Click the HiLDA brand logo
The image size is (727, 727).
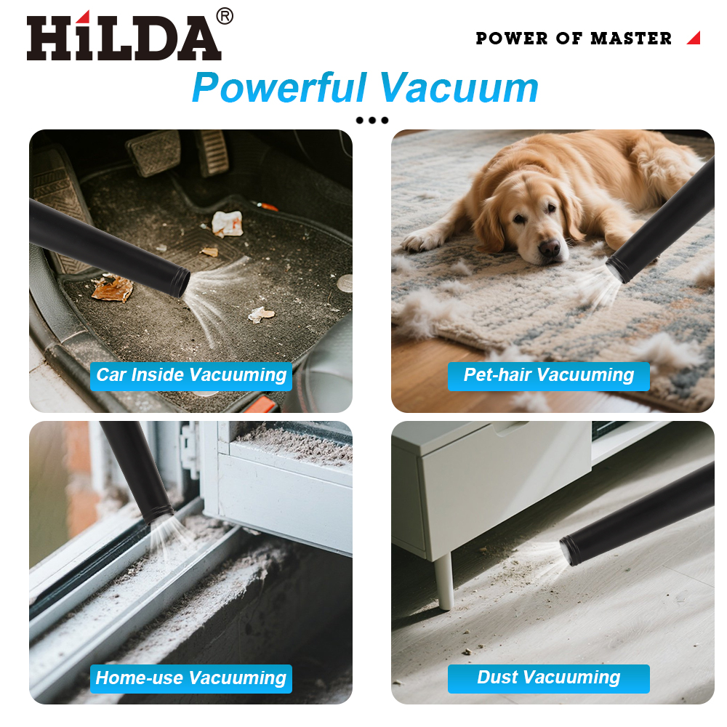pos(124,36)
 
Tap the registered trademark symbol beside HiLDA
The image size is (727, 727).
pos(225,16)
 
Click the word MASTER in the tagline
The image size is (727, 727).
pos(631,39)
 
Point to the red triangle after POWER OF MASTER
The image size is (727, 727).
pos(694,38)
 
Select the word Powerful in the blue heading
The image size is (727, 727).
pos(280,88)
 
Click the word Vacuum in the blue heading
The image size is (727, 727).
pos(459,88)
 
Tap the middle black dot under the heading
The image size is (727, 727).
pos(371,121)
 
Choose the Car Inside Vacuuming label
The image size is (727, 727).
pos(191,376)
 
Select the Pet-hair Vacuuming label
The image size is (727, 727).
pos(548,376)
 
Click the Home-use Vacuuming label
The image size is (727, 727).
pos(191,678)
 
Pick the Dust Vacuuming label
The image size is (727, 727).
pos(548,678)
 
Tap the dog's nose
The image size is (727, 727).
pos(550,247)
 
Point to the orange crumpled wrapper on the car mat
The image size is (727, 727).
pos(113,288)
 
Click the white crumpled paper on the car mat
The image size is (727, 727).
pos(227,223)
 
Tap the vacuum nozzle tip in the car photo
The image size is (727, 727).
pos(181,283)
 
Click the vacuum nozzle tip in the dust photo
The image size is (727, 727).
pos(569,551)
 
